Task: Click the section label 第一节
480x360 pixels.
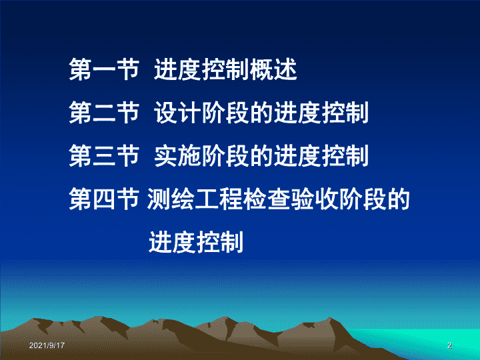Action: pos(104,70)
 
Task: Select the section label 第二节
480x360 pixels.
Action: pos(104,113)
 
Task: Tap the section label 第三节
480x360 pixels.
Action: pos(104,156)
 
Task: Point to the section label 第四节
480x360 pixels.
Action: pos(104,199)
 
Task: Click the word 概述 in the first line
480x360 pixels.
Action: pos(273,70)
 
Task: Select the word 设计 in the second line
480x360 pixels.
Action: pos(177,113)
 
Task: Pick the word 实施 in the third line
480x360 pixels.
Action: pos(177,156)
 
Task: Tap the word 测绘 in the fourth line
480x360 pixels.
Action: pos(171,199)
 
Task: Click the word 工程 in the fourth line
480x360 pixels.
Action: pos(219,199)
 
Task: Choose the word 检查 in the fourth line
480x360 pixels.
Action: pos(267,199)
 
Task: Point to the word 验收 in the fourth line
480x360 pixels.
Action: pos(315,199)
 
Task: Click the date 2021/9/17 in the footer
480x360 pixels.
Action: pos(47,345)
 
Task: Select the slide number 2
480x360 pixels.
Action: pos(449,345)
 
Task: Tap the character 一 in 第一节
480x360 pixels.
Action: pos(104,70)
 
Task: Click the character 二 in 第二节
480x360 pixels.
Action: pos(104,113)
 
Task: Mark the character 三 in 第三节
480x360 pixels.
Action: pos(104,156)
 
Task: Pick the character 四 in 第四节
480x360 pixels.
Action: pos(104,199)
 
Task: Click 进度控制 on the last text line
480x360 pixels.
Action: pos(196,242)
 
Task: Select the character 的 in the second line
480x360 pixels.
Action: pos(261,113)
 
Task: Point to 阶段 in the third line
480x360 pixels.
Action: pos(225,156)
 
